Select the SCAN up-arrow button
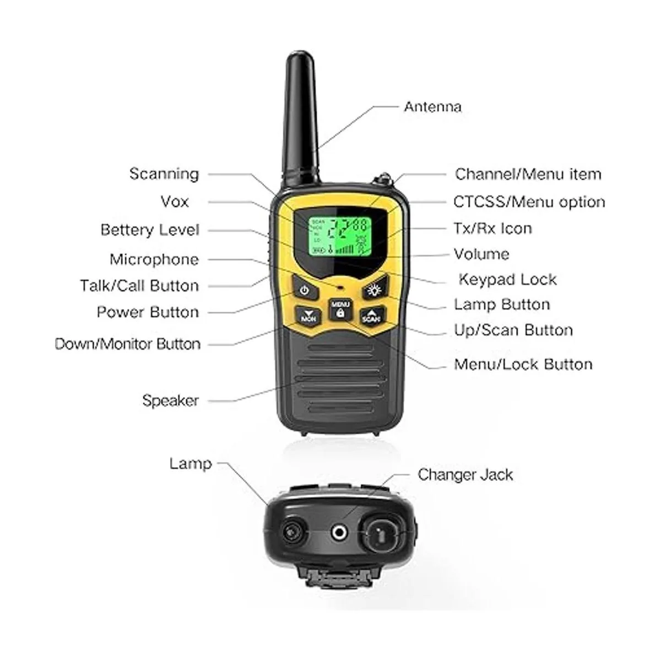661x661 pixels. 372,315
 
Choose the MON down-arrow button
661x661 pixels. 308,316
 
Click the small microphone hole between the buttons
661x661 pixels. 340,286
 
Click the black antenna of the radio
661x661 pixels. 301,118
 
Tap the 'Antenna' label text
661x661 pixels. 432,107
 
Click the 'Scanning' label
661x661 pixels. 164,174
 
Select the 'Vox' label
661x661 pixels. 175,202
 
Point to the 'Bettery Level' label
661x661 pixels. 150,230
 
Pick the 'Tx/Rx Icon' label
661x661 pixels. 493,228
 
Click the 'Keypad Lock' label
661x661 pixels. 508,280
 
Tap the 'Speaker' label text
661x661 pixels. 170,400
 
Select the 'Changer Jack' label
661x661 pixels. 465,475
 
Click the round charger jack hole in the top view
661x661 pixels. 339,532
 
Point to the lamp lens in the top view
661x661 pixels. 294,532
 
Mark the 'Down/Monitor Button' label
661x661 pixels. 128,344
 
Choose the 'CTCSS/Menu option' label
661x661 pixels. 529,202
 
